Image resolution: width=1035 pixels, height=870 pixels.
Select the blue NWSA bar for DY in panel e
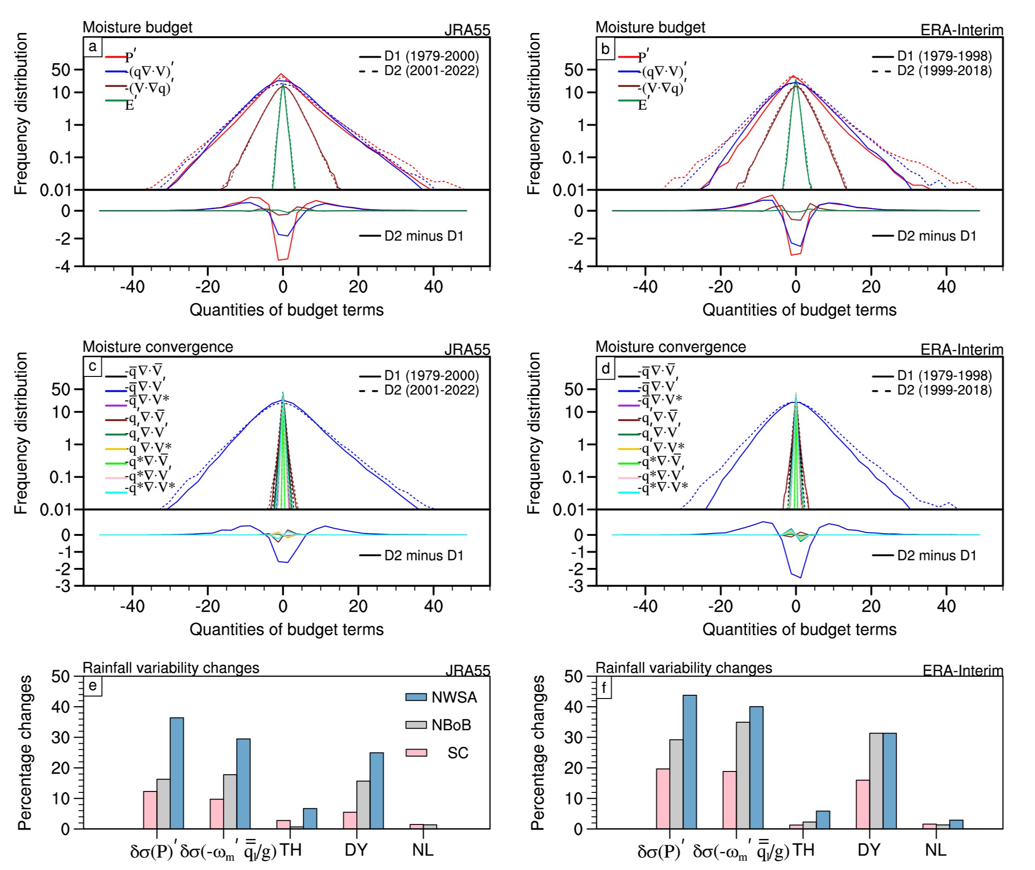[377, 791]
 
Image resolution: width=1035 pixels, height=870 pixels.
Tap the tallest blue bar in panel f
[690, 762]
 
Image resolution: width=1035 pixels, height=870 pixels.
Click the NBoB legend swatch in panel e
[416, 725]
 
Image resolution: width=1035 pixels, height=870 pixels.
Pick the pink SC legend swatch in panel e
[416, 752]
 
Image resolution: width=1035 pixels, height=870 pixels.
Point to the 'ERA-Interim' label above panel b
[962, 30]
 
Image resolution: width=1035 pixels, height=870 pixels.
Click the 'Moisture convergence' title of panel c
[158, 347]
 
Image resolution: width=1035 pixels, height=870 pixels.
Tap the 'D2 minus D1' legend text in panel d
[937, 555]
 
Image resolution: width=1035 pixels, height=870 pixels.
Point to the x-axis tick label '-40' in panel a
[132, 287]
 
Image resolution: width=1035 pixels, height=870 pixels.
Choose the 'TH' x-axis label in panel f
[803, 850]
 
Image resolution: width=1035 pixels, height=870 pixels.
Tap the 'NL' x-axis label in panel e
[423, 850]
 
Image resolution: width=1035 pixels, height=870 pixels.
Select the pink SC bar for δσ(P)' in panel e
[150, 810]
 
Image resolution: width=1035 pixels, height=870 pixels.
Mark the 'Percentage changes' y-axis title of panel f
[537, 752]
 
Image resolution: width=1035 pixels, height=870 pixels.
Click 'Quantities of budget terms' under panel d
[799, 629]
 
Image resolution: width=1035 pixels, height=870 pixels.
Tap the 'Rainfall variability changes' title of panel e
[170, 668]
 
